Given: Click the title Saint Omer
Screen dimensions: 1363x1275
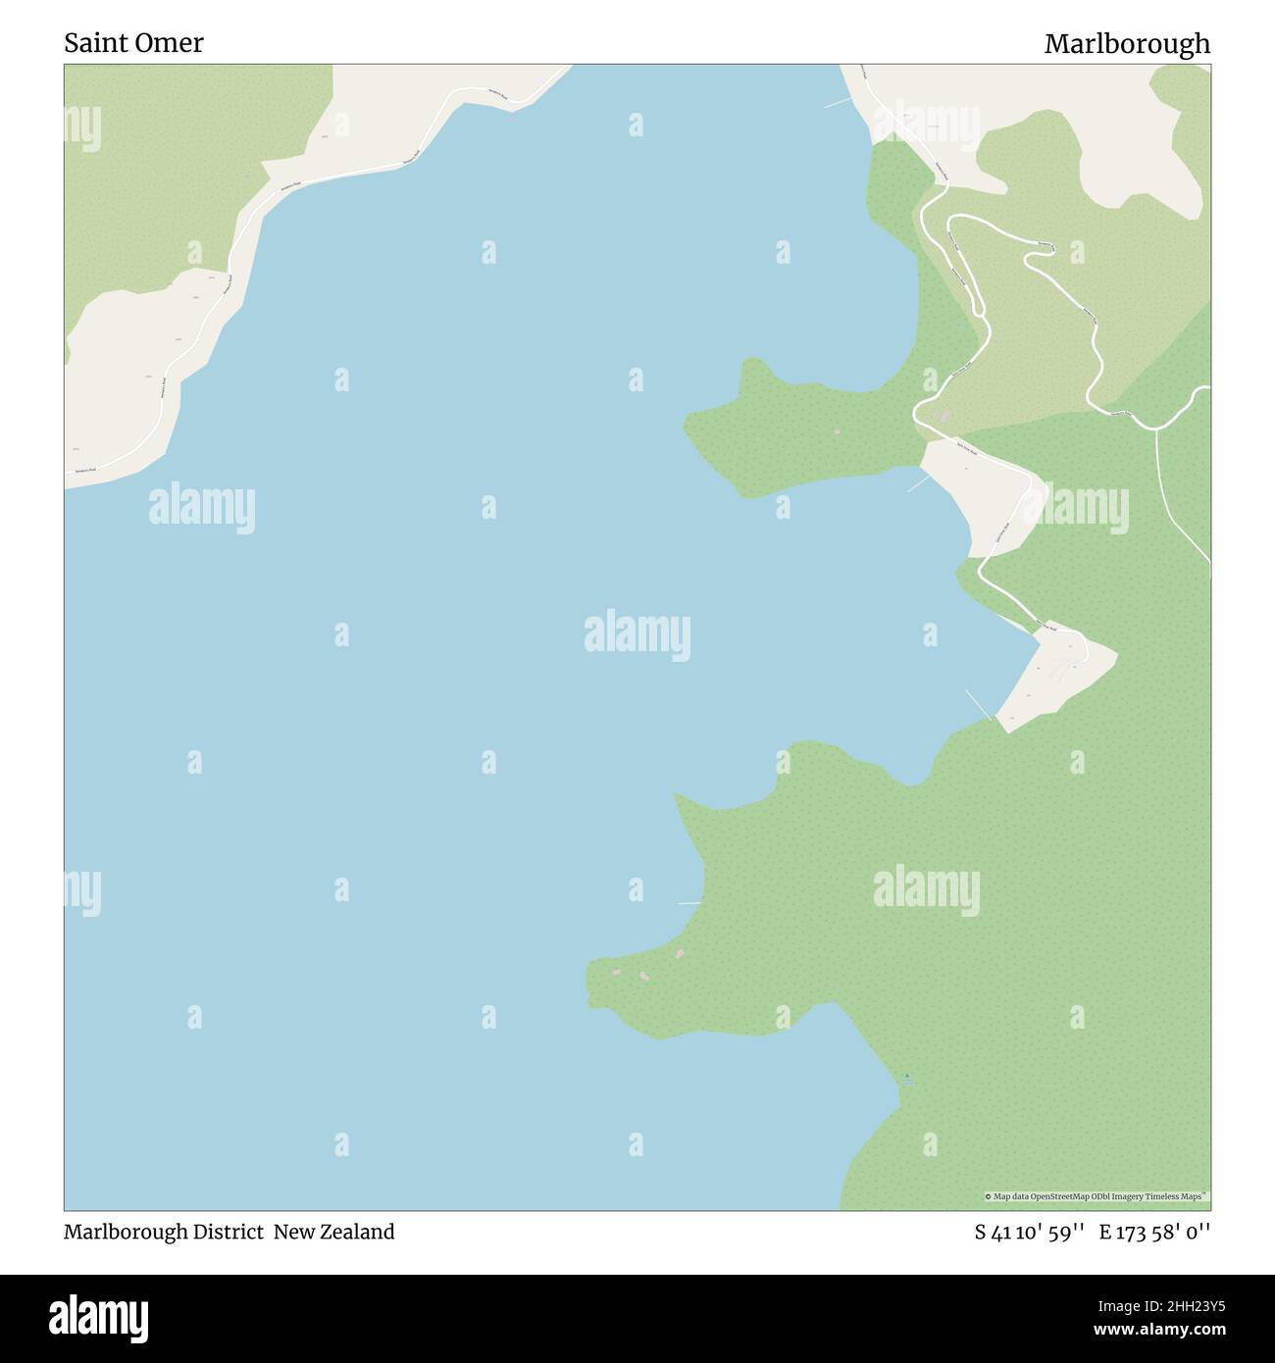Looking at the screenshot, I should click(134, 43).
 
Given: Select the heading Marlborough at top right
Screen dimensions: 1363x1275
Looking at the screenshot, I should click(1127, 43).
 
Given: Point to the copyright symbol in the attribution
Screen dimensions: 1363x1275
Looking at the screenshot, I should click(989, 1196).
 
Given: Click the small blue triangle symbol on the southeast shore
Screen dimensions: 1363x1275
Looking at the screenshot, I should click(907, 1076).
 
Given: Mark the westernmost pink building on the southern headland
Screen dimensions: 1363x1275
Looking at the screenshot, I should click(616, 972).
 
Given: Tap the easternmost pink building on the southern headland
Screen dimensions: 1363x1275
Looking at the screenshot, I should click(677, 952).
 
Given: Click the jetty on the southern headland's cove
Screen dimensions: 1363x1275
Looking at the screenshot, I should click(689, 902).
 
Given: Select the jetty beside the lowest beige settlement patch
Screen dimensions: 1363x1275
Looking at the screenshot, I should click(979, 703).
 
